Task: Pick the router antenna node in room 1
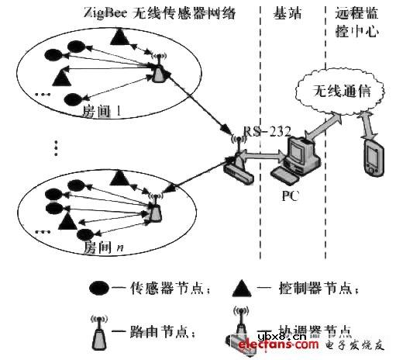[x=158, y=71]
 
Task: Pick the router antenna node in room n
[x=155, y=206]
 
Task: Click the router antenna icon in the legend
[x=101, y=329]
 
